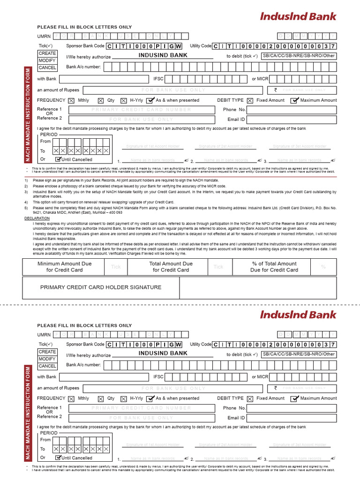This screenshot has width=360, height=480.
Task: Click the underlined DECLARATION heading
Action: [x=37, y=218]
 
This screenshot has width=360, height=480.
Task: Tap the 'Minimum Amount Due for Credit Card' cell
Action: [x=65, y=267]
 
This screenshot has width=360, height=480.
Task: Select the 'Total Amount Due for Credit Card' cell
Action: [x=171, y=267]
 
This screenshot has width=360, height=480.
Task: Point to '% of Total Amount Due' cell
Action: [x=274, y=267]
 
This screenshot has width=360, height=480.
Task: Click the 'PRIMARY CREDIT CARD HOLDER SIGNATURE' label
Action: [x=101, y=287]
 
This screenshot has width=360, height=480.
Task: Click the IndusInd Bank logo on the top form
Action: [x=298, y=16]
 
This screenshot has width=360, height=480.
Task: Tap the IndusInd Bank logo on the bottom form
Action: [x=298, y=315]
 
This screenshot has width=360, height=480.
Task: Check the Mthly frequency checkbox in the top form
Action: [x=71, y=100]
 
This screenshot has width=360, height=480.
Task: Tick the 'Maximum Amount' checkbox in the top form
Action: [x=295, y=100]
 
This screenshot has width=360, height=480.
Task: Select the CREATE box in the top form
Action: [x=47, y=53]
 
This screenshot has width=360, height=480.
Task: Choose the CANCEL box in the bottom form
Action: [x=47, y=366]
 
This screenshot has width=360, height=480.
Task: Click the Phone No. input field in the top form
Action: [x=291, y=110]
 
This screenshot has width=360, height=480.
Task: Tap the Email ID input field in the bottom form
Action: [x=291, y=418]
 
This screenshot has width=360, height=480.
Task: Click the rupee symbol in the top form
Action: [x=276, y=90]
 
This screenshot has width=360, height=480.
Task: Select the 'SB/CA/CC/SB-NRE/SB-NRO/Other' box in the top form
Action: [x=299, y=56]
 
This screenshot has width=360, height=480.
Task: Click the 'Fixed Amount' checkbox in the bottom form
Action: [x=250, y=398]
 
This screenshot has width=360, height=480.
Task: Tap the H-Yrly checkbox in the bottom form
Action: [x=123, y=398]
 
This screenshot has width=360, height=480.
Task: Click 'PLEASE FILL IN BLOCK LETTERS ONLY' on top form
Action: [x=84, y=27]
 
